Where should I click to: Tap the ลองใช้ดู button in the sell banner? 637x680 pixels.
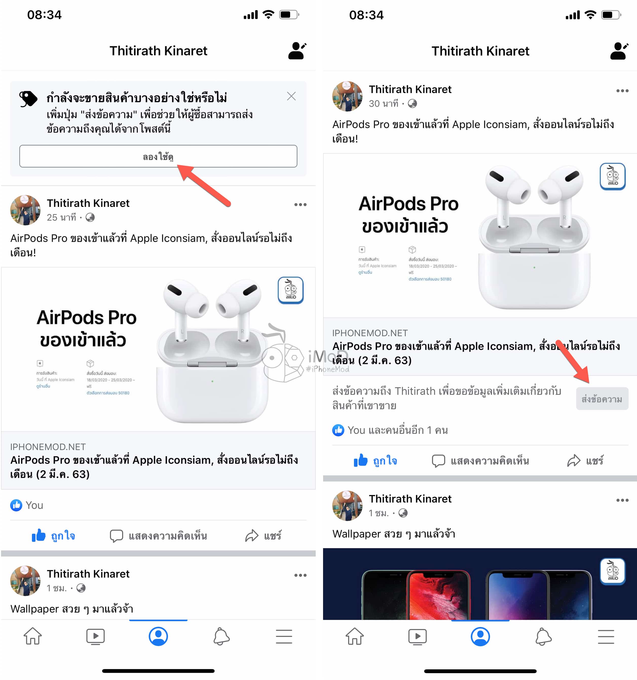158,156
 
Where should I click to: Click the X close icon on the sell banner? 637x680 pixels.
291,96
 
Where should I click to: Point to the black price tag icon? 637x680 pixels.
28,99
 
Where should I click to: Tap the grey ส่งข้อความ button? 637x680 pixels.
602,399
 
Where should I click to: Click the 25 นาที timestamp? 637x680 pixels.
61,218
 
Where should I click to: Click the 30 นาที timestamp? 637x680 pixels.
383,104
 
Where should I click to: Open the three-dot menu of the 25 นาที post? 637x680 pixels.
300,205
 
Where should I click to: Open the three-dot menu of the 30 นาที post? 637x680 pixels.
622,91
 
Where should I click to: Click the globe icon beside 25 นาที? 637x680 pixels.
90,218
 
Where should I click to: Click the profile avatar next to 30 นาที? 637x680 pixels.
347,96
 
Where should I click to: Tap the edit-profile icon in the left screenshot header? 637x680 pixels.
297,51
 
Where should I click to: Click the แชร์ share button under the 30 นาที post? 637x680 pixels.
585,461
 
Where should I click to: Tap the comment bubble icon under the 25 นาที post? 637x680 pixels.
116,536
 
